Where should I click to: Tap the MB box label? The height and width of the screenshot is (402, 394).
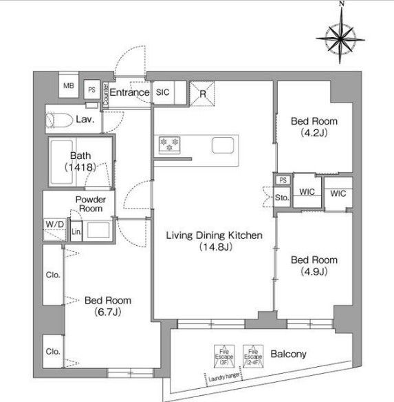68,86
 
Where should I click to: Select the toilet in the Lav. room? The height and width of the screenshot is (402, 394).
58,120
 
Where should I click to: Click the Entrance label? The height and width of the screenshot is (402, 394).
129,92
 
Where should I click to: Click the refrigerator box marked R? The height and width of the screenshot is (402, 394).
204,93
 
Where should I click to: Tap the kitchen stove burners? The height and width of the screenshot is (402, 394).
169,145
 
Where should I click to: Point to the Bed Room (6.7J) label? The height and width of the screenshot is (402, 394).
108,306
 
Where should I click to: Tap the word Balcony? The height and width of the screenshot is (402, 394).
288,355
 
